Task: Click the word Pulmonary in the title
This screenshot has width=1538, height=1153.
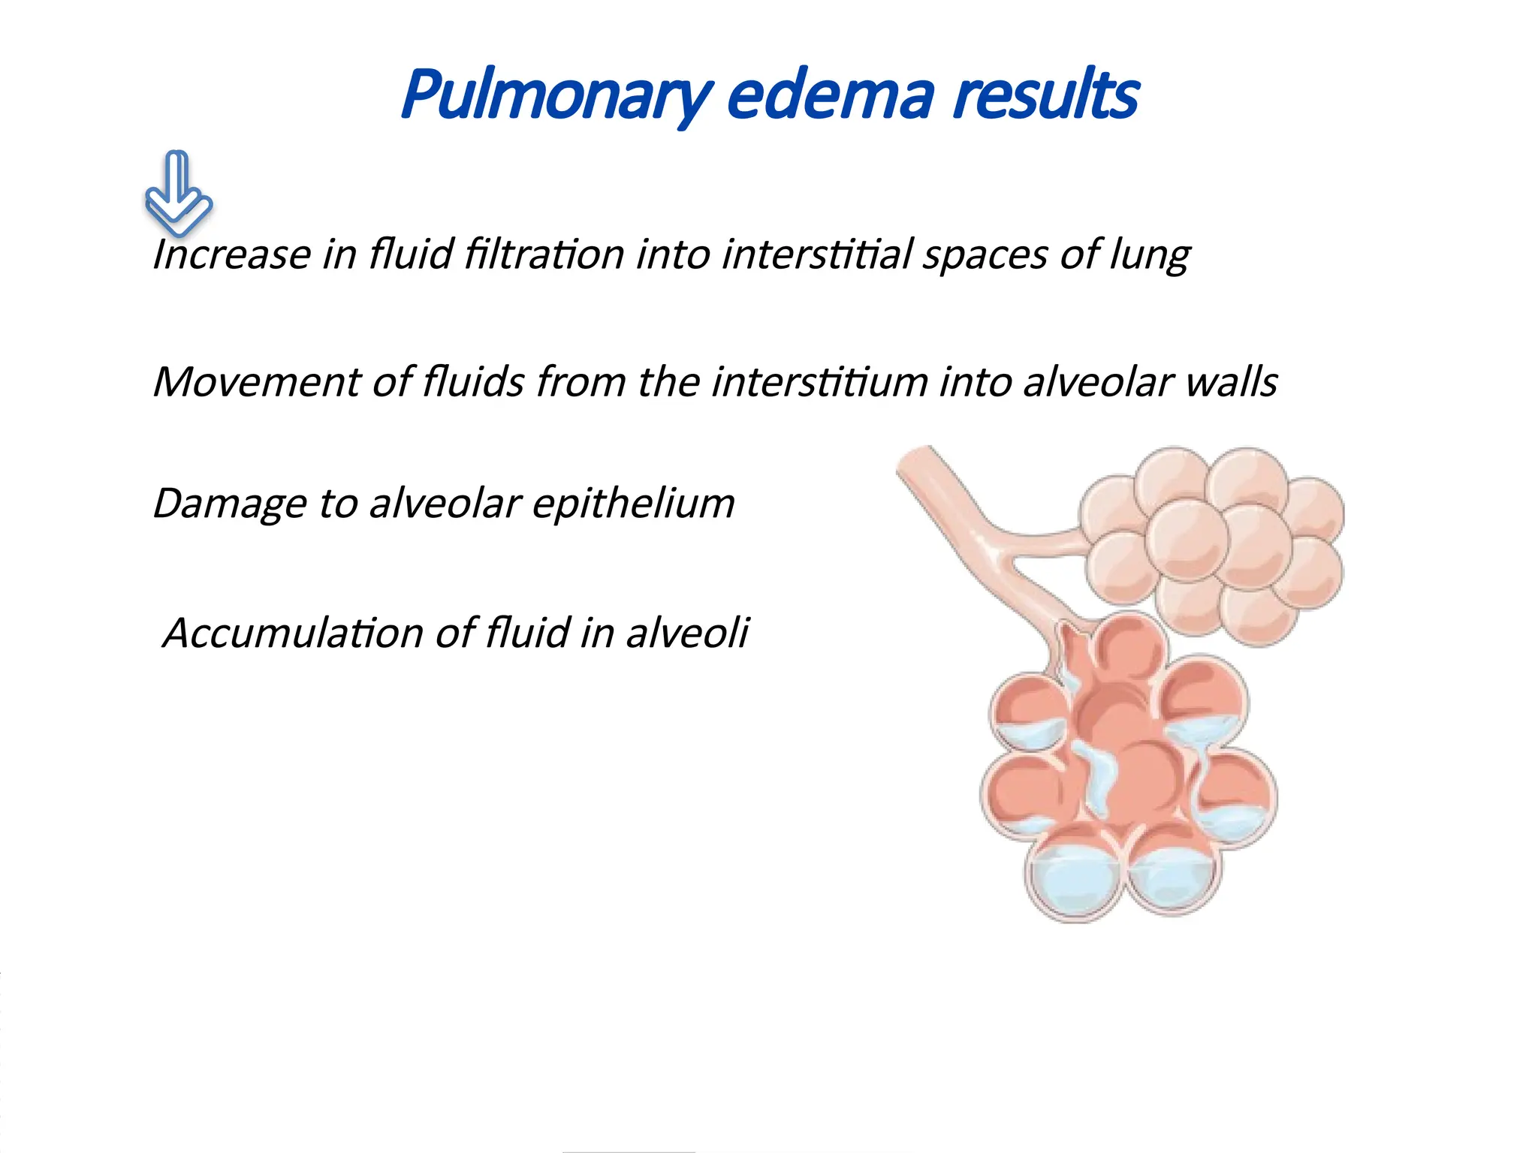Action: pos(556,96)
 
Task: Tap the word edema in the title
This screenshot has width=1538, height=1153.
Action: pos(830,96)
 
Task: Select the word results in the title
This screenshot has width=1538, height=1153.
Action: pos(1045,96)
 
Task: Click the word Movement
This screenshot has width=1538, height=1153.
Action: pos(255,382)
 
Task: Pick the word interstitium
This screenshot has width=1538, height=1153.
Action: pos(819,382)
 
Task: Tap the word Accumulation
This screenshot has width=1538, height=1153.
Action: pos(293,633)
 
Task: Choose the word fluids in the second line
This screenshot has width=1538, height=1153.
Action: pos(473,382)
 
